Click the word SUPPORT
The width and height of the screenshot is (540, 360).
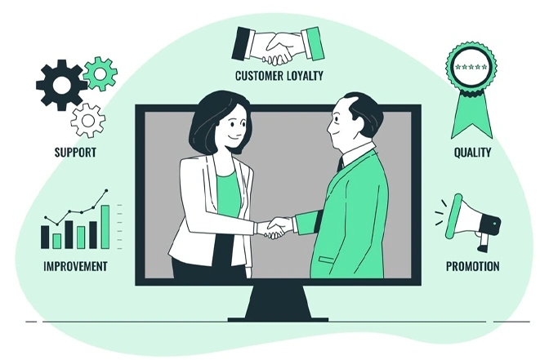tap(75, 152)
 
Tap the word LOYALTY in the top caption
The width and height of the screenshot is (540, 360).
tap(301, 75)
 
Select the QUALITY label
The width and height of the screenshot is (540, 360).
tap(472, 152)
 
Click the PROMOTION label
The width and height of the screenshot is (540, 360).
tap(472, 266)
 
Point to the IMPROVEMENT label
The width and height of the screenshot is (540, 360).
tap(75, 266)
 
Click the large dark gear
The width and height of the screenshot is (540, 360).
tap(61, 85)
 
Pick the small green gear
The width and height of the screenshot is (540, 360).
tap(100, 73)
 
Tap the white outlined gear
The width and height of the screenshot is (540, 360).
tap(88, 121)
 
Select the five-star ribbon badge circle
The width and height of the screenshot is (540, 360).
tap(471, 67)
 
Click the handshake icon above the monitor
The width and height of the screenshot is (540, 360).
tap(278, 46)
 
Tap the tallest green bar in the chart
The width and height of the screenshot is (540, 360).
tap(105, 227)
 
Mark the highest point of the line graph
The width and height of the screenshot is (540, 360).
tap(106, 190)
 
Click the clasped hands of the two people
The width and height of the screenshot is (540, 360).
tap(274, 228)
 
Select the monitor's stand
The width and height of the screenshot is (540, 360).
tap(278, 303)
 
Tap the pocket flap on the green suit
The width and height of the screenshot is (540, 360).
tap(326, 260)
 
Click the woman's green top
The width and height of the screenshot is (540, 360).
tap(227, 195)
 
